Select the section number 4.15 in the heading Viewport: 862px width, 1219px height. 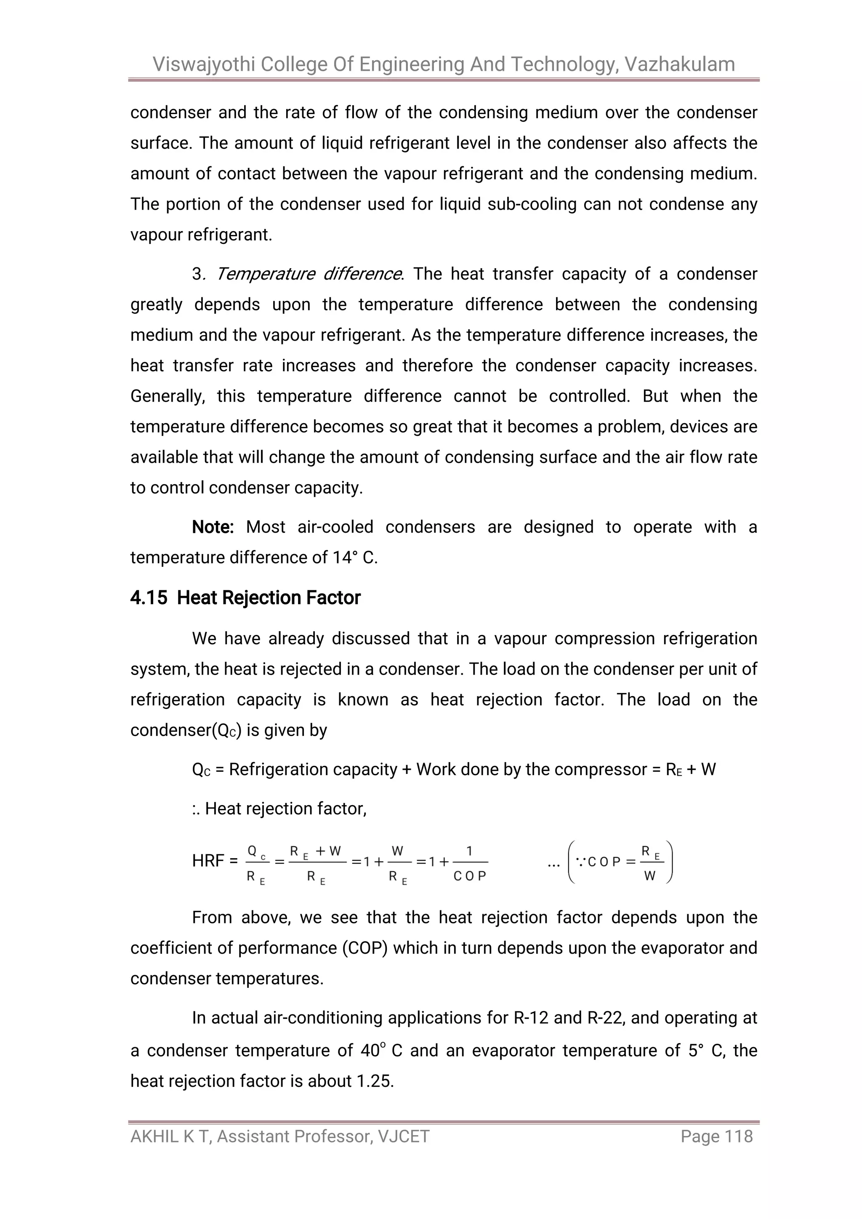click(149, 598)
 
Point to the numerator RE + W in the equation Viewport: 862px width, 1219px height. click(315, 851)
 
